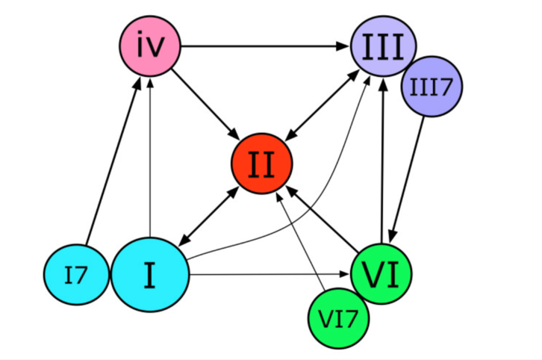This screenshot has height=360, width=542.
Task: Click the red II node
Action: tap(261, 164)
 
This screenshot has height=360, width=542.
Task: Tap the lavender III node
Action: tap(383, 46)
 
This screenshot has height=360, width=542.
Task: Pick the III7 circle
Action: tap(432, 86)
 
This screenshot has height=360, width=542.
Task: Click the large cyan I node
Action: tap(149, 274)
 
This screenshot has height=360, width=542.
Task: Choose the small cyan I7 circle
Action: tap(75, 274)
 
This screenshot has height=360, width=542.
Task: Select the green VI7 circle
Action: tap(339, 317)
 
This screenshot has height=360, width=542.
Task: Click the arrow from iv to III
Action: tap(265, 47)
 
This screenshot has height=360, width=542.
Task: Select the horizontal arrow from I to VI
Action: tap(269, 274)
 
